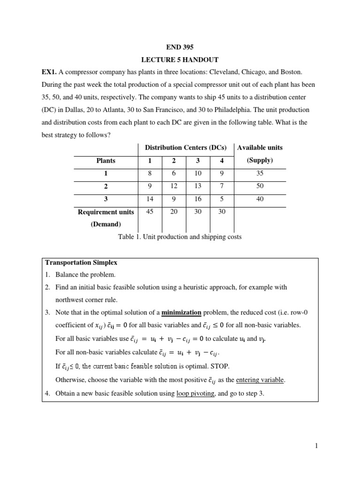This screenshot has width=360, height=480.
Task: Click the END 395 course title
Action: click(x=180, y=47)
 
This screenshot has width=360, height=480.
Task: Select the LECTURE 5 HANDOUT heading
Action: click(x=180, y=60)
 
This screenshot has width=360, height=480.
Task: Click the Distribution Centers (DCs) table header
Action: click(x=186, y=148)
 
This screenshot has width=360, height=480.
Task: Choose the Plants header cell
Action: click(x=106, y=160)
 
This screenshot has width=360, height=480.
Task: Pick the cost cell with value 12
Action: click(x=174, y=186)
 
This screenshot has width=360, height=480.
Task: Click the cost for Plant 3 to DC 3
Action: click(x=198, y=199)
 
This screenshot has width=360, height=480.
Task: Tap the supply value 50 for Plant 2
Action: click(x=260, y=186)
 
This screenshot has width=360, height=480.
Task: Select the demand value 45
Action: click(x=150, y=211)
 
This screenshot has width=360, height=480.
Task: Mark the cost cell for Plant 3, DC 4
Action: click(x=222, y=199)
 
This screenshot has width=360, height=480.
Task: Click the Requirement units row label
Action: click(x=106, y=212)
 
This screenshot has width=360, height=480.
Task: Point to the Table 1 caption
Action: click(x=180, y=237)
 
